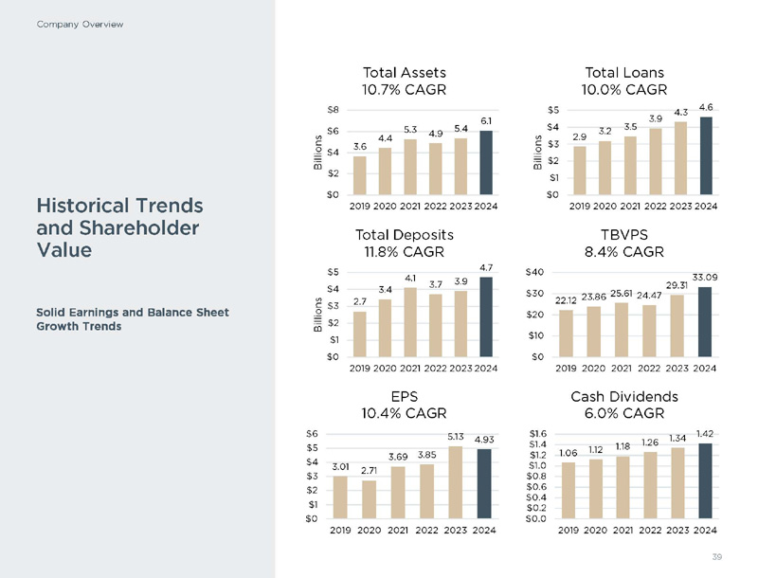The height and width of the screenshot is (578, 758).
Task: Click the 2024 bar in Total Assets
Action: pos(487,162)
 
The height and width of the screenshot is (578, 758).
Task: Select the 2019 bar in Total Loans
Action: pos(580,170)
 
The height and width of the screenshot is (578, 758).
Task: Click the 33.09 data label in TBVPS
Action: pos(704,277)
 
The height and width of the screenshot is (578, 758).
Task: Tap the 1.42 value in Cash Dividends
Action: pos(704,433)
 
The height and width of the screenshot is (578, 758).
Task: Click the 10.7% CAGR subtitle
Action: pos(405,89)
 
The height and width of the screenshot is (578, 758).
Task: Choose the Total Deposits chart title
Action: pos(405,234)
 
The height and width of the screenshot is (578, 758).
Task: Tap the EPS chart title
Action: pos(405,396)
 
